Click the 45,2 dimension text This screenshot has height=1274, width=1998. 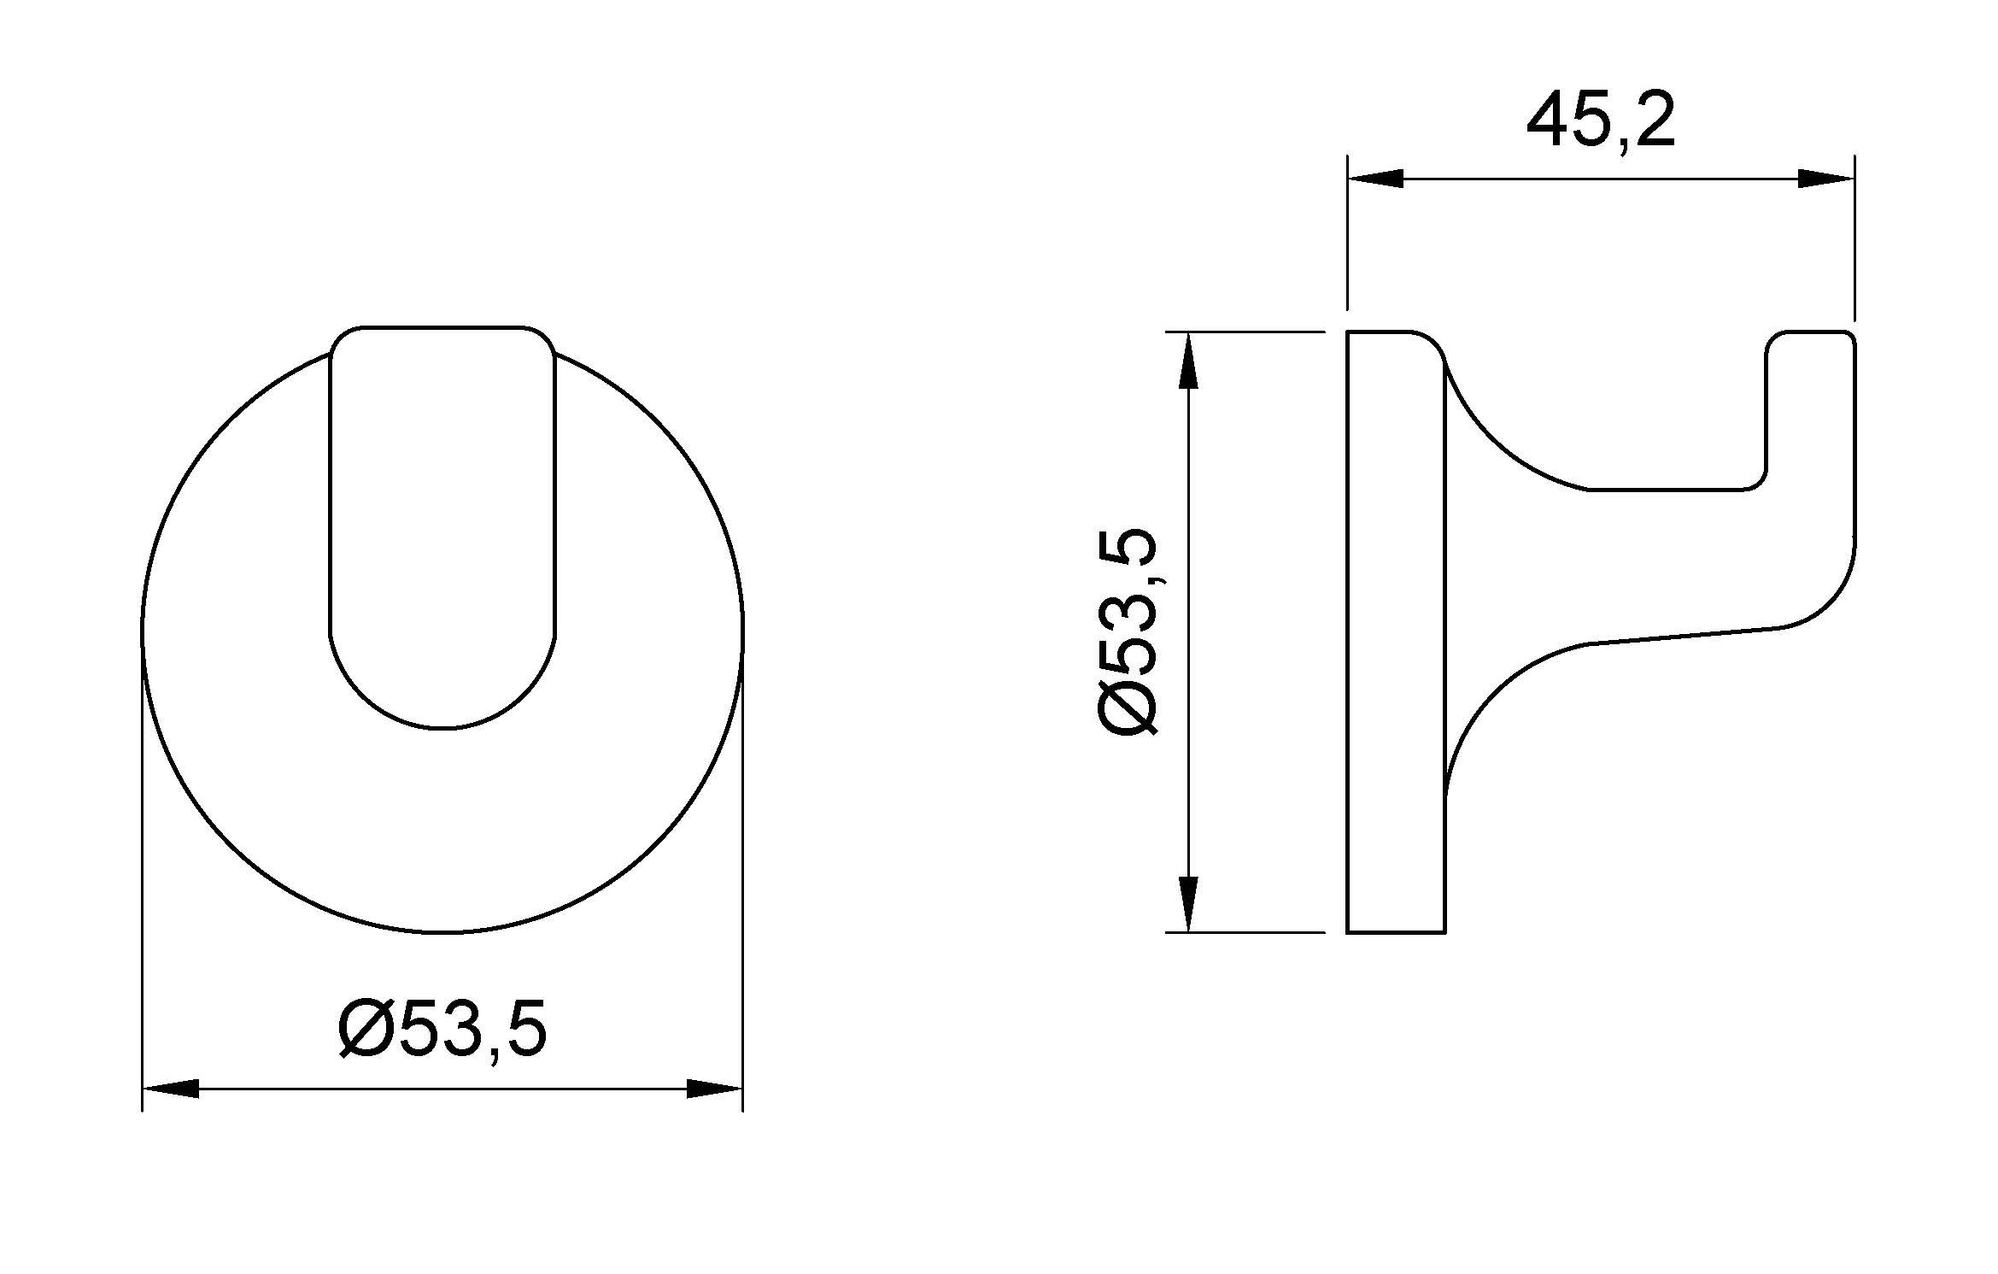click(x=1600, y=122)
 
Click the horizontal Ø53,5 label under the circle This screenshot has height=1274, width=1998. click(x=442, y=1030)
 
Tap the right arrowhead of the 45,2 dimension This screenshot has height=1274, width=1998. click(x=1826, y=179)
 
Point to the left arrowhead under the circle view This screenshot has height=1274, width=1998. click(x=170, y=1089)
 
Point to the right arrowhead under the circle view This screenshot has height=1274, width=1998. click(x=714, y=1089)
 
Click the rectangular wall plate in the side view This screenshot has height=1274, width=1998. click(x=1396, y=632)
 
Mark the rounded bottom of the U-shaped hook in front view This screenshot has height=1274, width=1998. click(x=442, y=726)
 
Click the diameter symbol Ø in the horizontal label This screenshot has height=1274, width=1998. click(x=365, y=1030)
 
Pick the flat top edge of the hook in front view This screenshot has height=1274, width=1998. click(x=442, y=326)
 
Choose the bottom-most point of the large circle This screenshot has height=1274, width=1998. click(x=442, y=932)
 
